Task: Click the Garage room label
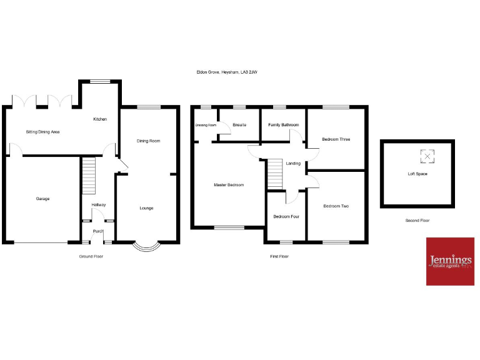coord(42,199)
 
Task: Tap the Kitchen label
coord(100,119)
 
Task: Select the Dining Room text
coord(149,141)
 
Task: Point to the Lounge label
coord(146,208)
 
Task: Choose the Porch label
coord(98,231)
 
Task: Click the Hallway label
coord(99,205)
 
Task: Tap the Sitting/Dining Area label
coord(42,132)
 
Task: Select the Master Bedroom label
coord(229,185)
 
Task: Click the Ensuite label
coord(239,125)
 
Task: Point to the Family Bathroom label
coord(283,125)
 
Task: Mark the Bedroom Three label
coord(335,139)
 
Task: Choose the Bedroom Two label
coord(336,206)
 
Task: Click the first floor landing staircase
coord(275,173)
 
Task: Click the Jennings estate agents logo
coord(450,261)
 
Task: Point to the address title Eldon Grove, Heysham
coord(227,72)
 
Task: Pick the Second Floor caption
coord(417,221)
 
